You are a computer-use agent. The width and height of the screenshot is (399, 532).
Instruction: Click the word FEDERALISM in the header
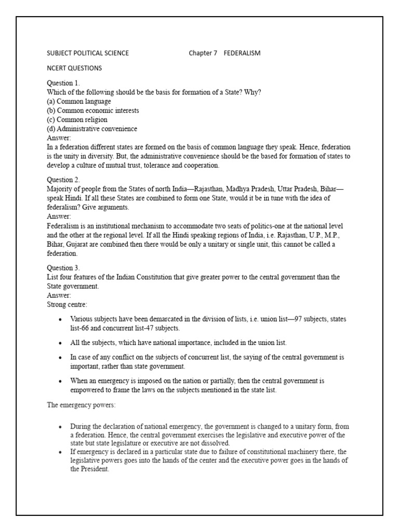pos(242,53)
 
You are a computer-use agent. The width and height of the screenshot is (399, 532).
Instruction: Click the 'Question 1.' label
pos(63,83)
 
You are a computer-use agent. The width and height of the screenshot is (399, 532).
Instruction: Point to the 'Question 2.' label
pos(63,180)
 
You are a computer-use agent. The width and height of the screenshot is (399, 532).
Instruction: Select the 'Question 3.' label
pos(63,268)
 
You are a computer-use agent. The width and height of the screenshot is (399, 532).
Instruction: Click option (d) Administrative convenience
pos(92,129)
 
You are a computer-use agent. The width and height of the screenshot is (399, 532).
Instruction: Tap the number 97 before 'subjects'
pos(299,318)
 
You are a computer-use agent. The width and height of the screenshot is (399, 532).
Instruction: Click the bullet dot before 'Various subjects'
pos(61,319)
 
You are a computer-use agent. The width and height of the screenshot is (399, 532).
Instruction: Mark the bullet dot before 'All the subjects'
pos(61,343)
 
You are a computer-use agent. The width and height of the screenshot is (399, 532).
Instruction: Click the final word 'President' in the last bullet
pos(94,469)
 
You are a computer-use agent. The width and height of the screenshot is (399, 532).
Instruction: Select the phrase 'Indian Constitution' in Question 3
pos(129,277)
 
